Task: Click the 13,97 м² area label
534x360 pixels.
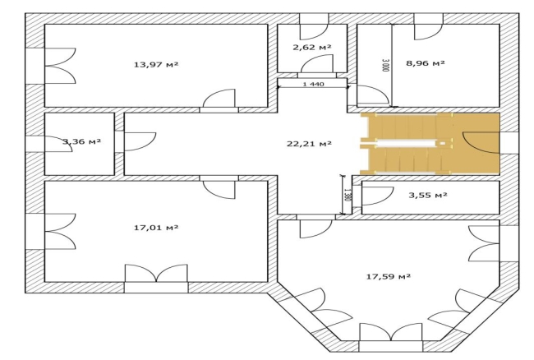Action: click(x=156, y=64)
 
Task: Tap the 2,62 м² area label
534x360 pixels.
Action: click(x=312, y=47)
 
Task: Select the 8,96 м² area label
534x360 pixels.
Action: click(x=426, y=62)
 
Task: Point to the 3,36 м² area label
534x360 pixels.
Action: click(x=81, y=141)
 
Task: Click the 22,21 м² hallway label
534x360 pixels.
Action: click(x=309, y=143)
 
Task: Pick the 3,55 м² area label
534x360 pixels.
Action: click(x=428, y=195)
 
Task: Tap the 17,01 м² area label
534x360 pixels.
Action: click(x=156, y=227)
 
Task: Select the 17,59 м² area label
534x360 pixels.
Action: click(x=389, y=276)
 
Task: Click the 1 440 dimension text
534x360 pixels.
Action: click(x=313, y=84)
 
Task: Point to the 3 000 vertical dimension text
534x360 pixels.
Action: click(x=385, y=65)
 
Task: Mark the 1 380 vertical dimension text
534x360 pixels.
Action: click(x=347, y=195)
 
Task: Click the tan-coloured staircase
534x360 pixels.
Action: click(x=430, y=144)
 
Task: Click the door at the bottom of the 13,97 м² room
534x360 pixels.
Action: click(x=219, y=98)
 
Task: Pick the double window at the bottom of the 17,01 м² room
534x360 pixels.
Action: click(x=156, y=273)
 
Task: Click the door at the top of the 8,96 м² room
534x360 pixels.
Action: click(x=429, y=32)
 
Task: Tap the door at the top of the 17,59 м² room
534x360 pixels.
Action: click(x=315, y=228)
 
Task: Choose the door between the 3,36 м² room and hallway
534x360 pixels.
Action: click(x=140, y=141)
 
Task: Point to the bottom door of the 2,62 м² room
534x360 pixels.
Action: click(x=317, y=63)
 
